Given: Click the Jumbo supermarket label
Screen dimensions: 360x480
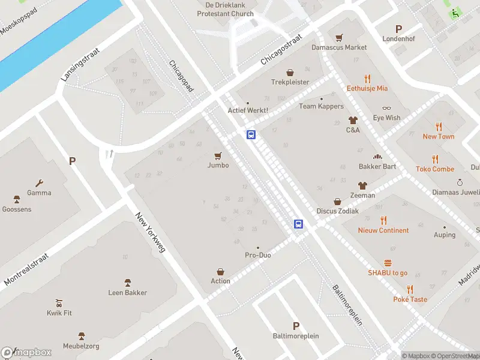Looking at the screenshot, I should coord(218,165).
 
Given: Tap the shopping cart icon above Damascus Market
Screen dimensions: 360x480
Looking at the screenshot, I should coord(339,37).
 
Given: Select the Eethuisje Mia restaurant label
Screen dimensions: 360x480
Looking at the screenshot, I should coord(367,88).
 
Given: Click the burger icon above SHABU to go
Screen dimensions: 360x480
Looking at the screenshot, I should coord(388,263).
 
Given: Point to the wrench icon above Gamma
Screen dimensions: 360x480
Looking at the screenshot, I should coord(40,183).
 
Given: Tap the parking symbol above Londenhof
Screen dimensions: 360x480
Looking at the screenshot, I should coord(399,28).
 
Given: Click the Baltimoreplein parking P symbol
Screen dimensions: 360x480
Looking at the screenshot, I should coord(296,326).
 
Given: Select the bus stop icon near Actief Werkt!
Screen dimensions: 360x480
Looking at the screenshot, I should coord(251,134).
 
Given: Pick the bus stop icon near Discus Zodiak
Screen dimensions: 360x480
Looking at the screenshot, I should coord(298,224).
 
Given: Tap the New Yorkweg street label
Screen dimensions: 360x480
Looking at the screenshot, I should coord(150,232).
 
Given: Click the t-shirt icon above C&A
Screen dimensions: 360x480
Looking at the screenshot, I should coord(353,120).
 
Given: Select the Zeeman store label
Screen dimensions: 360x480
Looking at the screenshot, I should coord(362,195).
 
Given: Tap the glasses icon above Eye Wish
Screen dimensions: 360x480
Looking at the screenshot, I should coord(386,108).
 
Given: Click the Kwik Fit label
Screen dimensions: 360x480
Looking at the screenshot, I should coord(59,313).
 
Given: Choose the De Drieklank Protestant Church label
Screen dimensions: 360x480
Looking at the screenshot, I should coord(225,9).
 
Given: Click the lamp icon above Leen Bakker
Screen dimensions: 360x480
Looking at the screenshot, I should coord(127,283).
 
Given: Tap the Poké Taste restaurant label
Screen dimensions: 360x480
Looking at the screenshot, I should coord(410,299).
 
